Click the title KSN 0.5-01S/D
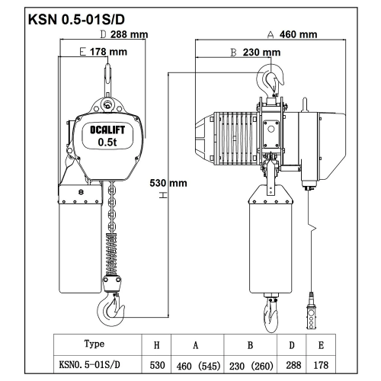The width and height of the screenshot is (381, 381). pyautogui.click(x=76, y=20)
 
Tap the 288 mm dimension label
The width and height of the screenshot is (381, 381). pyautogui.click(x=129, y=34)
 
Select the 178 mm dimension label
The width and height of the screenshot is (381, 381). pyautogui.click(x=108, y=52)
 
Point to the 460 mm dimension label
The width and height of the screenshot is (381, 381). pyautogui.click(x=298, y=34)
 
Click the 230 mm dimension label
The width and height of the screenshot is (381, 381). pyautogui.click(x=261, y=53)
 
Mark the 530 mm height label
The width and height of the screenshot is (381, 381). pyautogui.click(x=168, y=183)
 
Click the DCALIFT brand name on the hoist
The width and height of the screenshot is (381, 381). pyautogui.click(x=107, y=130)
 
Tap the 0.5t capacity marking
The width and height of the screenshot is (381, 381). pyautogui.click(x=107, y=142)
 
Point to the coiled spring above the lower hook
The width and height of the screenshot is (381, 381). pyautogui.click(x=111, y=254)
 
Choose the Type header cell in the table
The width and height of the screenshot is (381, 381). pyautogui.click(x=94, y=344)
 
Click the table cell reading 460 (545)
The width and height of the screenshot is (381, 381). pyautogui.click(x=198, y=366)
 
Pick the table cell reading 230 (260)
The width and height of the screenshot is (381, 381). pyautogui.click(x=251, y=366)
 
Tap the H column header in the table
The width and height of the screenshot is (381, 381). pyautogui.click(x=157, y=345)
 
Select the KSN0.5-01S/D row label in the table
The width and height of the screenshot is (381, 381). pyautogui.click(x=89, y=365)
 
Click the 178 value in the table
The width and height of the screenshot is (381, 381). pyautogui.click(x=321, y=365)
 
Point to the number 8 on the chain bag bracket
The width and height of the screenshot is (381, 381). pyautogui.click(x=81, y=192)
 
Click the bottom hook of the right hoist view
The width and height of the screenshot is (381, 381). pyautogui.click(x=271, y=315)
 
